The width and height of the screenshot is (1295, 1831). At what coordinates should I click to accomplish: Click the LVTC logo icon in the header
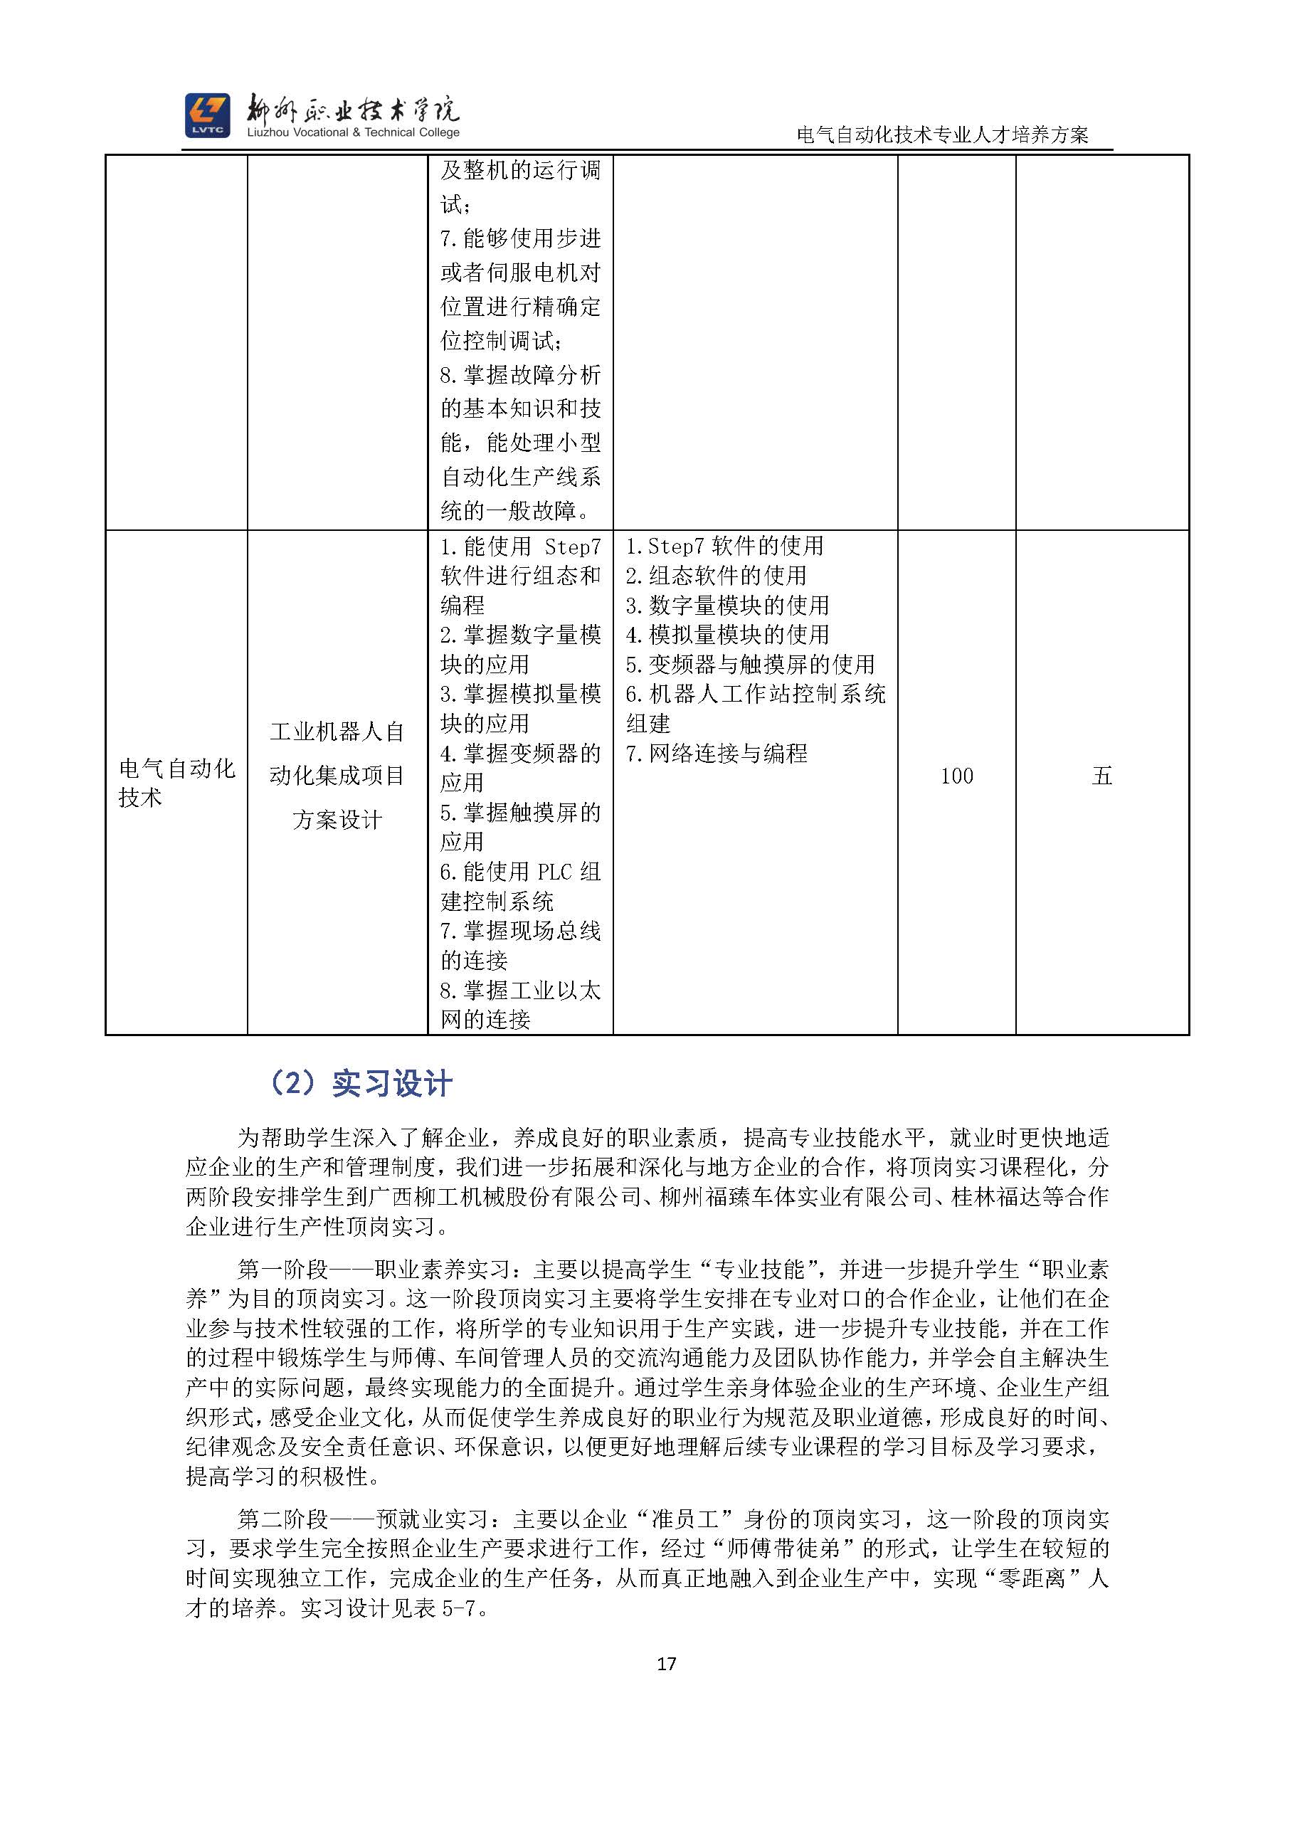(x=207, y=115)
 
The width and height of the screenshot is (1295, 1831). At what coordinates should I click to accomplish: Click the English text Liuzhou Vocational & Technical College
(x=353, y=133)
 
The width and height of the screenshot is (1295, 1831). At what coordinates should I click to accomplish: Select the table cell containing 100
(x=956, y=776)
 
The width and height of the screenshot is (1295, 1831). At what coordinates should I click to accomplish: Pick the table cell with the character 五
(x=1101, y=776)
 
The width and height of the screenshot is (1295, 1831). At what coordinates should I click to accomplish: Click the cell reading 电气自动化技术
(x=176, y=782)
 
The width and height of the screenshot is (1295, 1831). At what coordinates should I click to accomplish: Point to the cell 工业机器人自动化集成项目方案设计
(x=337, y=775)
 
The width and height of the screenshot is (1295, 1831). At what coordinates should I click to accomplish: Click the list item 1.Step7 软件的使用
(x=724, y=547)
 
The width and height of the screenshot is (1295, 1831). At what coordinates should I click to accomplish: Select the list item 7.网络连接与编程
(x=716, y=754)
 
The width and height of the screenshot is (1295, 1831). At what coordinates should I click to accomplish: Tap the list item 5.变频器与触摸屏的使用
(x=749, y=664)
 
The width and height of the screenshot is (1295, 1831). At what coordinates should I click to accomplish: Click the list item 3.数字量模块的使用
(x=727, y=606)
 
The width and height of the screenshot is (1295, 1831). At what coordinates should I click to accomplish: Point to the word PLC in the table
(x=555, y=872)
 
